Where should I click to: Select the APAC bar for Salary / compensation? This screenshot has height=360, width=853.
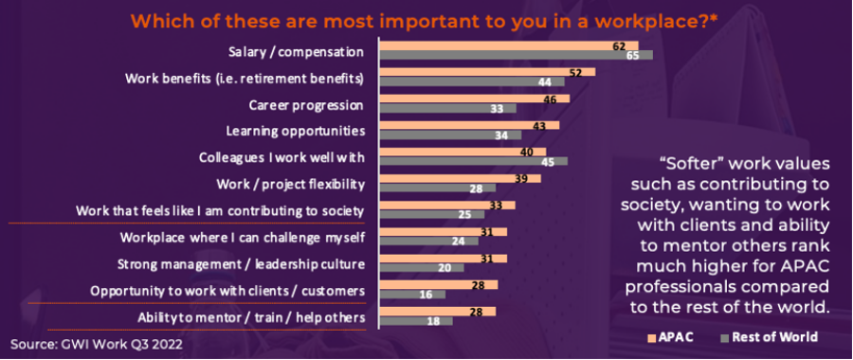(509, 45)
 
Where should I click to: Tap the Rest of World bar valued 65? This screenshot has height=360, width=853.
(516, 55)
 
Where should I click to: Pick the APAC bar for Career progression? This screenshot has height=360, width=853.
(475, 99)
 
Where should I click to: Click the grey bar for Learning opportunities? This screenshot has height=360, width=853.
(450, 135)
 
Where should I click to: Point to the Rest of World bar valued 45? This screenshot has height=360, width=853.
(473, 161)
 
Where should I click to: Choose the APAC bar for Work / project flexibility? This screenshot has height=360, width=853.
(461, 178)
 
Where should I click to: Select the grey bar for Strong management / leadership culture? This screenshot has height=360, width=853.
(422, 268)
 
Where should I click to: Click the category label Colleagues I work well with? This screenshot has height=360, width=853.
(281, 157)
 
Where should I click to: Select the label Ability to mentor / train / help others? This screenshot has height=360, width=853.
(250, 317)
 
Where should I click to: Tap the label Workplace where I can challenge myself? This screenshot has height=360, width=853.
(242, 238)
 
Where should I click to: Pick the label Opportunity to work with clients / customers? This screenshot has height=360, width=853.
(227, 291)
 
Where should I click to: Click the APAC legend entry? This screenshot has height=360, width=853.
(669, 337)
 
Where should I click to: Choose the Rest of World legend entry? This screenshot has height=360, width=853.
(767, 337)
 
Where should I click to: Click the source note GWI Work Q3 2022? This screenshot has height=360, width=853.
(97, 344)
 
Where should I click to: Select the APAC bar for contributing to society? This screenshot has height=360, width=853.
(447, 205)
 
